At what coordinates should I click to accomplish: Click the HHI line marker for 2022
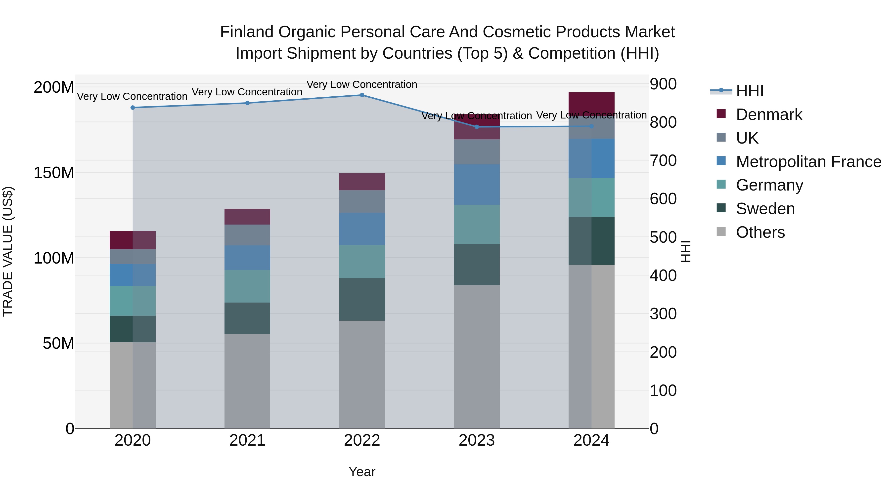click(362, 95)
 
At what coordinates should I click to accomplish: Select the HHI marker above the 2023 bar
click(476, 127)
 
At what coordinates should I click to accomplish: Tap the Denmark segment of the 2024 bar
click(591, 103)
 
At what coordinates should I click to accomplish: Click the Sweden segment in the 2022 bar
click(362, 299)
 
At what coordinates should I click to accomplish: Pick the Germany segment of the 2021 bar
click(247, 286)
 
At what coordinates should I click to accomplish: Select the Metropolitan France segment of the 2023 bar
click(476, 184)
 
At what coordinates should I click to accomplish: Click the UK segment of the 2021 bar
click(247, 235)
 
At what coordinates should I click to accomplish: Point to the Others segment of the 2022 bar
click(362, 374)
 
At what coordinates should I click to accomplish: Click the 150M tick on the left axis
click(54, 173)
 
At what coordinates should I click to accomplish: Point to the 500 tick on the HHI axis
click(663, 237)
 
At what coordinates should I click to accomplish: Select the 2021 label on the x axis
click(247, 440)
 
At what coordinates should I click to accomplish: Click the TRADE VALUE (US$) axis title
click(8, 252)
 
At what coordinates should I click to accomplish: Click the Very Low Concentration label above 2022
click(362, 85)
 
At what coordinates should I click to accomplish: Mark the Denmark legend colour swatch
click(721, 114)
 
